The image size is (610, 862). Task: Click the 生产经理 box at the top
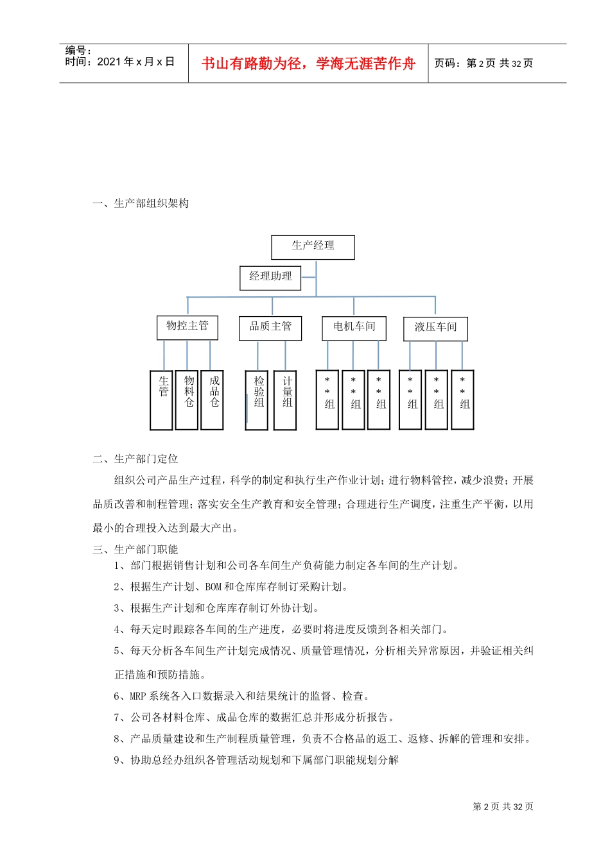[x=313, y=247]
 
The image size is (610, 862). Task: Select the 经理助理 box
[x=270, y=278]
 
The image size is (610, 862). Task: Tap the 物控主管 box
[x=187, y=327]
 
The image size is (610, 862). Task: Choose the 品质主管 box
[x=270, y=328]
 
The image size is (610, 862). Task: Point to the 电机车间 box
[x=354, y=328]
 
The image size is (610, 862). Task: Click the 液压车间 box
[x=435, y=328]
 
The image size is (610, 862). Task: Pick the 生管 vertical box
[x=161, y=400]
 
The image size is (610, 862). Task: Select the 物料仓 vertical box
[x=187, y=400]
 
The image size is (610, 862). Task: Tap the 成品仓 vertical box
[x=212, y=400]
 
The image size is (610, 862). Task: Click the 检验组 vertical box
[x=257, y=400]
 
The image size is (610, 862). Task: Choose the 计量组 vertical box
[x=285, y=400]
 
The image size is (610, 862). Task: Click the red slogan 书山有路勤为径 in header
[x=308, y=63]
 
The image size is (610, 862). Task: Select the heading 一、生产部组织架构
[x=141, y=203]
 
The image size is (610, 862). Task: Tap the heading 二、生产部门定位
[x=135, y=459]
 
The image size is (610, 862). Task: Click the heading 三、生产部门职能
[x=135, y=549]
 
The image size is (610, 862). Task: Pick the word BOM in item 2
[x=213, y=587]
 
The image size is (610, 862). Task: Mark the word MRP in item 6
[x=138, y=696]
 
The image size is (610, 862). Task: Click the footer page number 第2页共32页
[x=503, y=807]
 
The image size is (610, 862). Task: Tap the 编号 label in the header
[x=78, y=50]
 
